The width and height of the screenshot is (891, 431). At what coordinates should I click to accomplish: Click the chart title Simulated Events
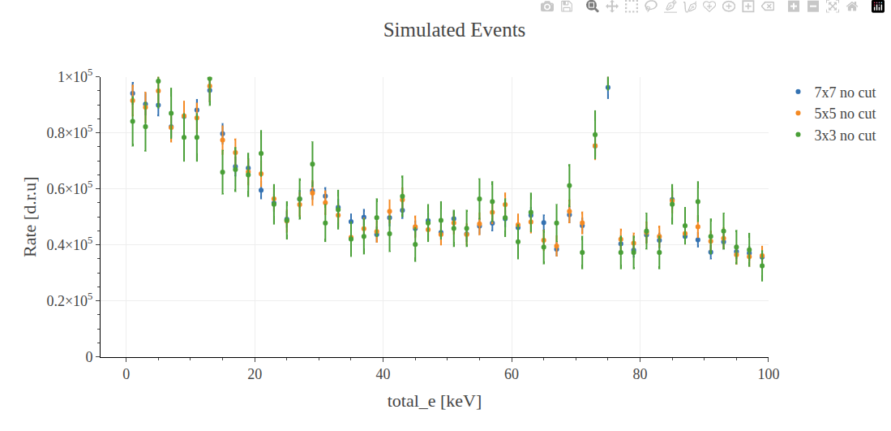pos(454,31)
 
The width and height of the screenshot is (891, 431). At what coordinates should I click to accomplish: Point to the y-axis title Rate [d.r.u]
pos(31,217)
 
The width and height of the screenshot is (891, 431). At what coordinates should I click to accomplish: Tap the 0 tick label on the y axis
pos(88,357)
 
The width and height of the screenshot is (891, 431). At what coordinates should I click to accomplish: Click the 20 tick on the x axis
pos(255,374)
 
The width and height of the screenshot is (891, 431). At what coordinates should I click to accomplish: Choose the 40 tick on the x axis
pos(383,374)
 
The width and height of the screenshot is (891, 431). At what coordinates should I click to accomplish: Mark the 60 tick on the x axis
pos(512,374)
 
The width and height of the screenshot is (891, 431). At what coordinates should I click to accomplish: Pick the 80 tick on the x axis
pos(640,374)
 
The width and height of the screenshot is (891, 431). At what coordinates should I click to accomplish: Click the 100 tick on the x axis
pos(768,374)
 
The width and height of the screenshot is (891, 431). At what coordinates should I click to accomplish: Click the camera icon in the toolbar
pos(547,6)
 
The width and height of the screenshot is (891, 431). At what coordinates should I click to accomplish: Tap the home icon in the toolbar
pos(851,6)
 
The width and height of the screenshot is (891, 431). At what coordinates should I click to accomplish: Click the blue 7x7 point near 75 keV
pos(608,88)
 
